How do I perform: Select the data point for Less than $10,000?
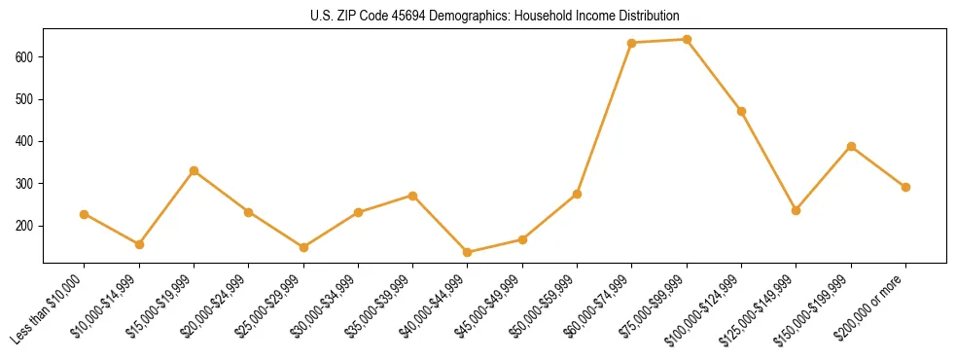[x=85, y=214]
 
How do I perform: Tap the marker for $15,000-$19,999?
[x=194, y=170]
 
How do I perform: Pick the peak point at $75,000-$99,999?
[x=687, y=40]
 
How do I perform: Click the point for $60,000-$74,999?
[x=632, y=43]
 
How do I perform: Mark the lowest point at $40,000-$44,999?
[x=468, y=252]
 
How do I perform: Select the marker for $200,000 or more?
[x=905, y=187]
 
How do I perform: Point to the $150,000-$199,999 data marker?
[x=851, y=146]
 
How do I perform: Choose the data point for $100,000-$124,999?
[x=741, y=111]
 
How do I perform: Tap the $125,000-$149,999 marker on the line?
[x=796, y=210]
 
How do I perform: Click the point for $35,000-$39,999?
[x=412, y=196]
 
